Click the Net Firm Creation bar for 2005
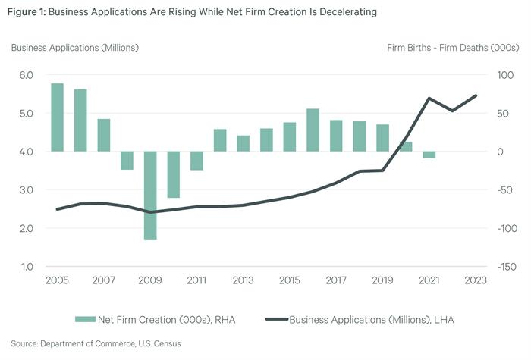57,117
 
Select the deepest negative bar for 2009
150,196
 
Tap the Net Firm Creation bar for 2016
313,130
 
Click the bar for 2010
174,174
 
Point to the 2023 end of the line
476,95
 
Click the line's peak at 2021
429,98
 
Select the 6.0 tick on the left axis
27,75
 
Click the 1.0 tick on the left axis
27,267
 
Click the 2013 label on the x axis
243,280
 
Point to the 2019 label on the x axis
382,280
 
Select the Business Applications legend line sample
275,319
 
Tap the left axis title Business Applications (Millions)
74,48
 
